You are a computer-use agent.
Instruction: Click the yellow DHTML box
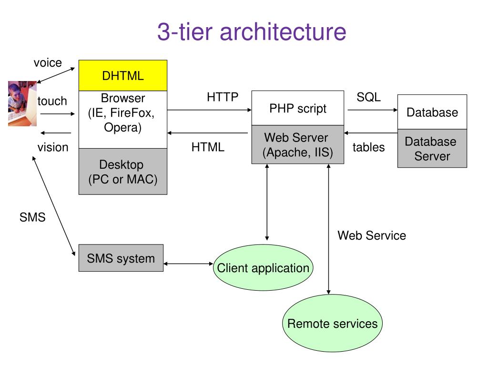coord(123,76)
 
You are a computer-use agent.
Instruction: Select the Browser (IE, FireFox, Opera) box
coord(123,120)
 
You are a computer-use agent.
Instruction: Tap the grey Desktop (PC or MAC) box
coord(123,172)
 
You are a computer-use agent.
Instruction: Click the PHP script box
coord(298,108)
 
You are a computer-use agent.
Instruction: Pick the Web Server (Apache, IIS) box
coord(298,144)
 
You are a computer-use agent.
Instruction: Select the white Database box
coord(432,112)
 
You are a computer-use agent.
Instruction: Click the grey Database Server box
coord(432,149)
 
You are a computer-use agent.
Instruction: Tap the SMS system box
coord(121,258)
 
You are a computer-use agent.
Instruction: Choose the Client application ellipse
coord(263,268)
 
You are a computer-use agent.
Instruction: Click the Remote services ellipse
coord(332,324)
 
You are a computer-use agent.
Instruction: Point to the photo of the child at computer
coord(22,103)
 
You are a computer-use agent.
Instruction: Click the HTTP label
coord(223,97)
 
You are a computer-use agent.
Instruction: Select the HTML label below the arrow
coord(208,147)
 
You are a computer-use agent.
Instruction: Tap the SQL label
coord(368,97)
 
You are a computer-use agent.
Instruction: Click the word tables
coord(368,147)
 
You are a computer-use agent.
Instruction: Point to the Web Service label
coord(372,235)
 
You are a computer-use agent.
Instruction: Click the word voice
coord(48,63)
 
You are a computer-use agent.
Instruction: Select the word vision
coord(53,147)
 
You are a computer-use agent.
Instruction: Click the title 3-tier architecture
coord(252,31)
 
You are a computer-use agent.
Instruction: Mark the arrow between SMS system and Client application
coord(188,264)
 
